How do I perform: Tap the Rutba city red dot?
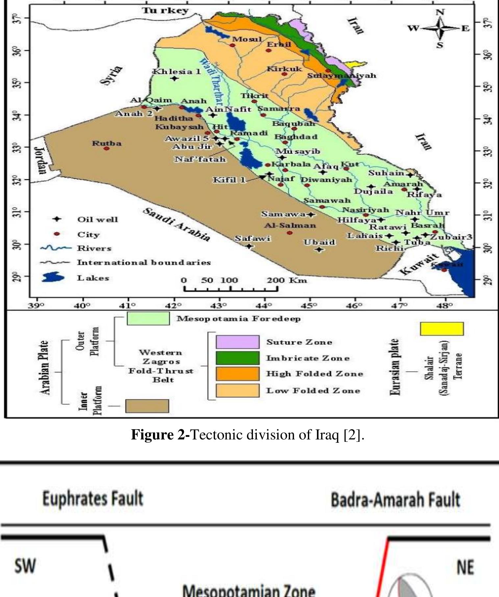coord(107,148)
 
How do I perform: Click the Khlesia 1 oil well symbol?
coord(174,78)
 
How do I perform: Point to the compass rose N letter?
coord(440,12)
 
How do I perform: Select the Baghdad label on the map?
coord(296,137)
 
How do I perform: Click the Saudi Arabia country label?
coord(176,225)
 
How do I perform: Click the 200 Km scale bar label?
coord(287,280)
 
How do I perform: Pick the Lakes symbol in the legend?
coord(53,277)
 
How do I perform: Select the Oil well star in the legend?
coord(57,219)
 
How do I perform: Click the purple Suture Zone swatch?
coord(237,342)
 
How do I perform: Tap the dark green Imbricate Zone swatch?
coord(237,358)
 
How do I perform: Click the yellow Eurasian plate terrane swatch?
coord(442,329)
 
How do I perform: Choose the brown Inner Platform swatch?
coord(147,406)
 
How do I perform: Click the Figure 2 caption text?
coord(247,435)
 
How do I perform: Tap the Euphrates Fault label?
coord(93,499)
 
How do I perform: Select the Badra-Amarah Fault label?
coord(395,500)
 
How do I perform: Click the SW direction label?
coord(25,566)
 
